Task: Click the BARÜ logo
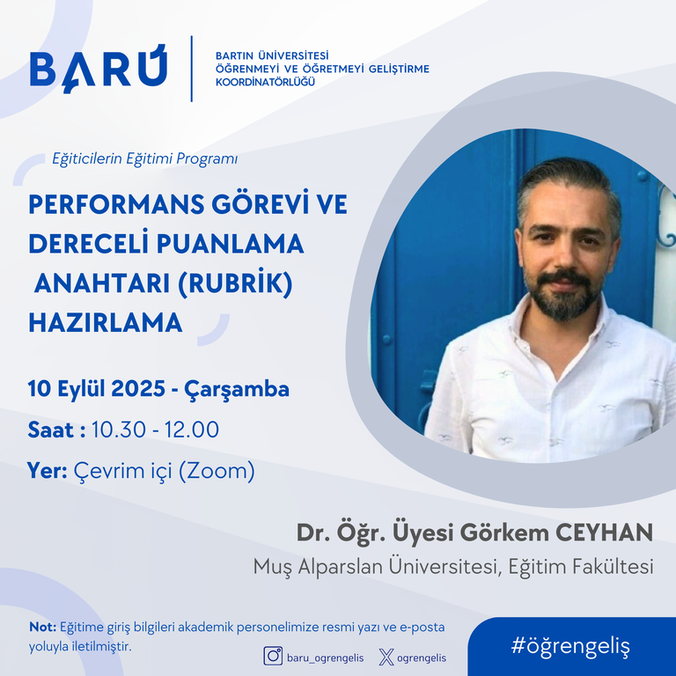pos(99,69)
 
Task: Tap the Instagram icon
pos(273,656)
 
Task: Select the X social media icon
pos(386,658)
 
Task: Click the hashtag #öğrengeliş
pos(570,646)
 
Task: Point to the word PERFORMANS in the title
pos(116,204)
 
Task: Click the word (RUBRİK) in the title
pos(235,283)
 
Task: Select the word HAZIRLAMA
pos(106,323)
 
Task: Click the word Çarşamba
pos(237,390)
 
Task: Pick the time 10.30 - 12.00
pos(155,430)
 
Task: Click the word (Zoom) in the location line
pos(217,471)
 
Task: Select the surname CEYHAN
pos(604,533)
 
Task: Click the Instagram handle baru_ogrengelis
pos(326,658)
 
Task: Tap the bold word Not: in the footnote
pos(42,627)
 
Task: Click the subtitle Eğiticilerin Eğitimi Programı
pos(145,158)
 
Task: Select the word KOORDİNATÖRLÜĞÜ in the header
pos(266,82)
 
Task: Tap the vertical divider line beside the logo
pos(191,69)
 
